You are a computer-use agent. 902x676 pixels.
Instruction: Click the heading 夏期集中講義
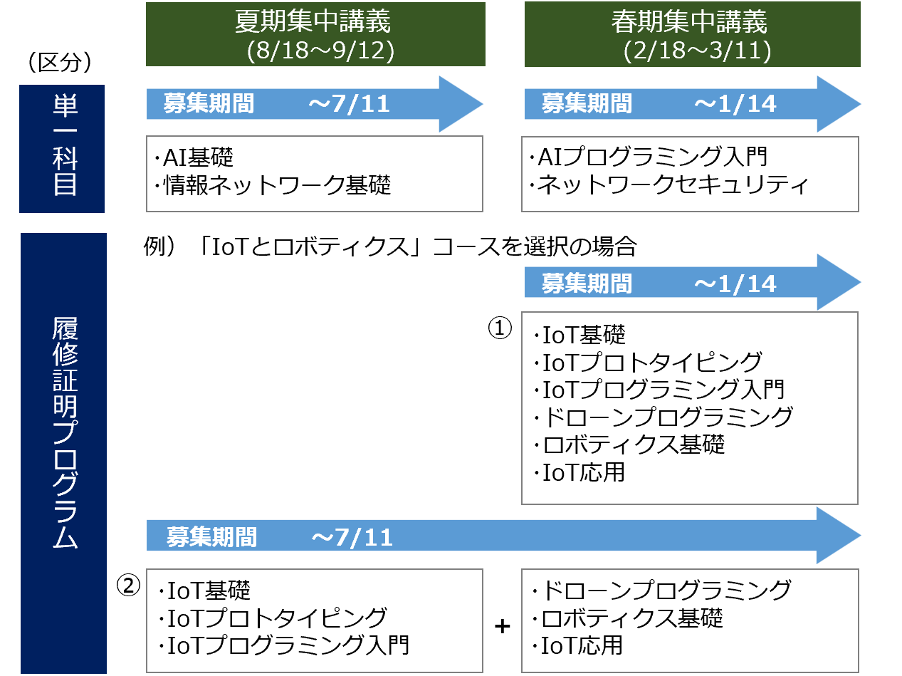[313, 22]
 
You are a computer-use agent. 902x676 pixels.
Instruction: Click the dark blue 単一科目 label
[62, 148]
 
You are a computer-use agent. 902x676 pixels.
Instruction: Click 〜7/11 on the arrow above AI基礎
[350, 104]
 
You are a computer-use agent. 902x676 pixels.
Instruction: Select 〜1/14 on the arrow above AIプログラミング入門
[735, 104]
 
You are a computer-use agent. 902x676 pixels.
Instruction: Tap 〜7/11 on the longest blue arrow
[352, 536]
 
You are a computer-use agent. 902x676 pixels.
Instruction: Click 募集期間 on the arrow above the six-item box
[587, 284]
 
